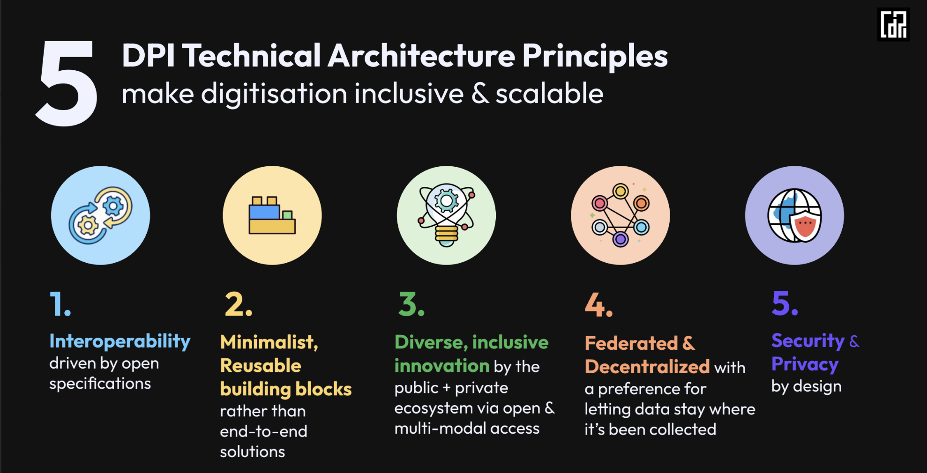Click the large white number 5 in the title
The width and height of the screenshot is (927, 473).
tap(67, 83)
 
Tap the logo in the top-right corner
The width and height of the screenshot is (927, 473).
tap(893, 24)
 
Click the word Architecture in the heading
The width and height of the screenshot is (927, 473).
tap(421, 56)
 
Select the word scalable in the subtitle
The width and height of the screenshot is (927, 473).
tap(549, 93)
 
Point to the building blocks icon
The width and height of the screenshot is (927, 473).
tap(272, 215)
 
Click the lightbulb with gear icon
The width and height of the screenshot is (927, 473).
tap(446, 215)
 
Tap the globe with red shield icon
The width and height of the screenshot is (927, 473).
tap(794, 215)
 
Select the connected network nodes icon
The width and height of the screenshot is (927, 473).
tap(620, 215)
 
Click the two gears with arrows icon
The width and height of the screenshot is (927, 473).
tap(100, 215)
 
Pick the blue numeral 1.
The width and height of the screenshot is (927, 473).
tap(60, 304)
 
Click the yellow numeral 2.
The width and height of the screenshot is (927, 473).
tap(239, 305)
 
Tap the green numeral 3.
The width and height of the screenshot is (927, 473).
tap(411, 304)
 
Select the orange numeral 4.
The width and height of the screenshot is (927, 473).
tap(599, 305)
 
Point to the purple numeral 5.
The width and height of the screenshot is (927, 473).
tap(785, 303)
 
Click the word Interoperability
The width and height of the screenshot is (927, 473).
tap(120, 341)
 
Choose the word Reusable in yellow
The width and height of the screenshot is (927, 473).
tap(261, 365)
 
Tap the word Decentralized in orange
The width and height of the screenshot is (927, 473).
tap(647, 367)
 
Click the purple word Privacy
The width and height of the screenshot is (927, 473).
tap(805, 365)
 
